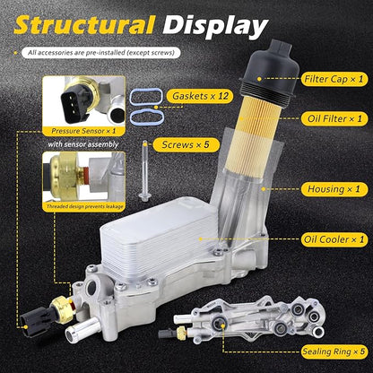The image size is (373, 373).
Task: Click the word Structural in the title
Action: [84, 25]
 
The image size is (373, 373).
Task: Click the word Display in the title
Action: [215, 26]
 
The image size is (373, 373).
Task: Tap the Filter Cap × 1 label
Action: [334, 79]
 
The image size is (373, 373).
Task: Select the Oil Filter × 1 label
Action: [334, 118]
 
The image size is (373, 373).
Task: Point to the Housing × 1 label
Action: [334, 189]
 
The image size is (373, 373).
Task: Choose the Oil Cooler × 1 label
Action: [334, 239]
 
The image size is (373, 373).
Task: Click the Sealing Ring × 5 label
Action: [334, 351]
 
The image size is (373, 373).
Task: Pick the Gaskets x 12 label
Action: [201, 96]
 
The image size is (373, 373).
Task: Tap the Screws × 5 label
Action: [186, 145]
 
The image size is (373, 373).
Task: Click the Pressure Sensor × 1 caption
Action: [83, 131]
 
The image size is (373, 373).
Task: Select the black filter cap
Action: [268, 71]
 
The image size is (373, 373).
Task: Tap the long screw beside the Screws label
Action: [145, 170]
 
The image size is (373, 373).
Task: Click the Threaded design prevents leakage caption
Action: [84, 206]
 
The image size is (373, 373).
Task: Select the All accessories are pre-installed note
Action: [101, 53]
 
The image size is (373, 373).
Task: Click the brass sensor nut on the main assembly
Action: [62, 309]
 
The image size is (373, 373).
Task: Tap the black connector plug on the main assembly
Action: [35, 321]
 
